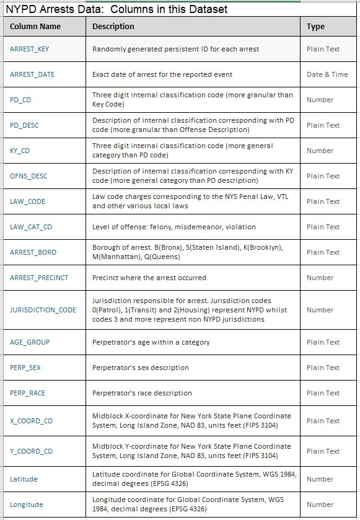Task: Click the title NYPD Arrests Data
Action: click(116, 9)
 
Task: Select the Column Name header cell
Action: click(35, 27)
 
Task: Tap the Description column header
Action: click(113, 27)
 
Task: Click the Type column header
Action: click(315, 27)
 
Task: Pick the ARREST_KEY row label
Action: click(30, 49)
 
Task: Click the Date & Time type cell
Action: click(327, 74)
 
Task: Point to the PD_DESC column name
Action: click(24, 125)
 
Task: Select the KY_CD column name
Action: click(20, 151)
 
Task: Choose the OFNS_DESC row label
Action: click(29, 176)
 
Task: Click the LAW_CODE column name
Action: click(27, 201)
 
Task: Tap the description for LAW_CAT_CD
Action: click(174, 227)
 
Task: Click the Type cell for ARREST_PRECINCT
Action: click(320, 278)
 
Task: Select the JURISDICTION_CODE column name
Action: click(43, 310)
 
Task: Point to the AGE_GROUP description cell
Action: click(151, 342)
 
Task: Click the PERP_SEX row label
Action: click(25, 368)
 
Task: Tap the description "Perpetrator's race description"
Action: click(142, 393)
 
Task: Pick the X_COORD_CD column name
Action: click(31, 421)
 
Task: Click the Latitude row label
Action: click(24, 479)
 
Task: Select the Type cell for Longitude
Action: click(320, 505)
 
